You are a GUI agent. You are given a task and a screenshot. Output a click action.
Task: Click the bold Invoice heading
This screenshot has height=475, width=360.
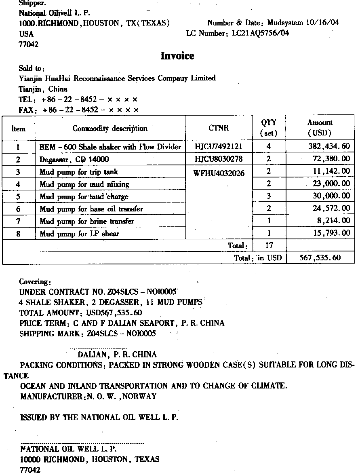[x=177, y=56]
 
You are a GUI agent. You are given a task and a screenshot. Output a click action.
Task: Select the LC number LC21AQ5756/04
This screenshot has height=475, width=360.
[x=261, y=34]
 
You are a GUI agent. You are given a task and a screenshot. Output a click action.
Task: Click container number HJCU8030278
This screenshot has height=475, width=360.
[x=218, y=159]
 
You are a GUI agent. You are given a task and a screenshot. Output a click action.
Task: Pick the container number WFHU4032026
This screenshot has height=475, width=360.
[x=219, y=173]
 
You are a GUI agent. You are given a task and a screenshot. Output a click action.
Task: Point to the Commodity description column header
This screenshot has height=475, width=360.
[x=110, y=129]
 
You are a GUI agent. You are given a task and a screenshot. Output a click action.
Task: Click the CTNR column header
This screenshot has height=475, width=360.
[x=219, y=129]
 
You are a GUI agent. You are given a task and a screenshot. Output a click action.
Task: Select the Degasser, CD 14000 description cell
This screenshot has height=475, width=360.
[x=74, y=160]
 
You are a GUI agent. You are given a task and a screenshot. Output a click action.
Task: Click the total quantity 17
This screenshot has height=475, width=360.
[x=269, y=245]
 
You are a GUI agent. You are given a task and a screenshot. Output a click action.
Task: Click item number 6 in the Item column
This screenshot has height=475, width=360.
[x=18, y=209]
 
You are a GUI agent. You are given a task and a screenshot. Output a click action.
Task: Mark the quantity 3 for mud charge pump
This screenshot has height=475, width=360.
[x=269, y=196]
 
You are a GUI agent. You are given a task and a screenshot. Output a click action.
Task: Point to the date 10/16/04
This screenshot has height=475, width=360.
[x=325, y=23]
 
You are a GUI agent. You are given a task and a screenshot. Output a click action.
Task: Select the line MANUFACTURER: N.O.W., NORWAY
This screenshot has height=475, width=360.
[x=88, y=396]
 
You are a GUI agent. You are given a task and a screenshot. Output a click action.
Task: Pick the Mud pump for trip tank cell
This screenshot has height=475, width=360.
[x=79, y=172]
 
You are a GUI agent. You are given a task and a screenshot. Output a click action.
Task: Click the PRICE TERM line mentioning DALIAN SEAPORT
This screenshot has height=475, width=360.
[x=122, y=323]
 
